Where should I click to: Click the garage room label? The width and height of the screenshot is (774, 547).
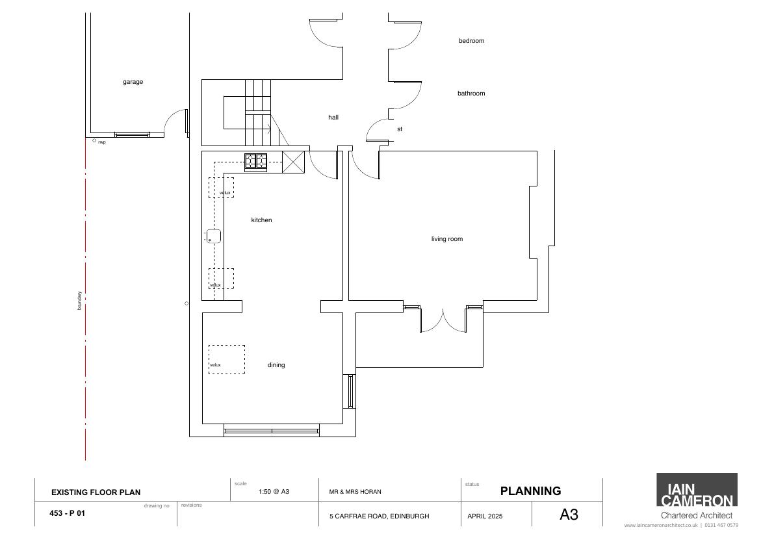click(x=133, y=82)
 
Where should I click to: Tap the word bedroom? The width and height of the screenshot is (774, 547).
click(x=471, y=41)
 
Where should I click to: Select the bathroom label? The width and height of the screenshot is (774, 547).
click(x=471, y=93)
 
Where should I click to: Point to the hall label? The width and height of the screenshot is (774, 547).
click(x=333, y=118)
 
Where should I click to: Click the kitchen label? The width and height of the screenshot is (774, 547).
click(x=262, y=220)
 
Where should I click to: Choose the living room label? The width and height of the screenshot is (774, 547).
click(x=447, y=239)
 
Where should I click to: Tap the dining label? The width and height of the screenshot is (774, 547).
click(x=276, y=365)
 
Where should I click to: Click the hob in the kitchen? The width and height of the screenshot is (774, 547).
click(x=256, y=162)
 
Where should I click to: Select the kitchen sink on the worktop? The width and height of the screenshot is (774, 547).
click(x=213, y=236)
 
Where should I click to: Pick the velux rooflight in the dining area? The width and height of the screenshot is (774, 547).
click(x=227, y=359)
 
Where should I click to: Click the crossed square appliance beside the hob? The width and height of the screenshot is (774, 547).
click(x=293, y=162)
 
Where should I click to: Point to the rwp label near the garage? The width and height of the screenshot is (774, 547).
click(x=101, y=142)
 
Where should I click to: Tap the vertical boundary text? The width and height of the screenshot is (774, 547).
click(x=79, y=300)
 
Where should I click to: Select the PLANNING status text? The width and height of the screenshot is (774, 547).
click(x=531, y=490)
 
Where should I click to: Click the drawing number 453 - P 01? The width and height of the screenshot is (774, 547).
click(x=67, y=513)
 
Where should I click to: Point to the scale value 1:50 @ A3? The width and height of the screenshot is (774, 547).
click(x=274, y=492)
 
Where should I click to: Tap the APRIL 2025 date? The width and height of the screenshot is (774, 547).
click(x=485, y=516)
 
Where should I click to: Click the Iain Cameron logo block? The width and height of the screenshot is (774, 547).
click(x=697, y=490)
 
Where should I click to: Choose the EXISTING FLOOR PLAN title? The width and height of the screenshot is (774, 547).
click(x=96, y=492)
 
